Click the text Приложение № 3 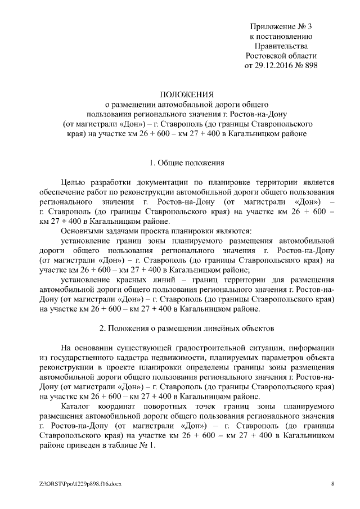pos(281,26)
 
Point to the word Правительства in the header pos(281,46)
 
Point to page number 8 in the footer pos(332,483)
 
